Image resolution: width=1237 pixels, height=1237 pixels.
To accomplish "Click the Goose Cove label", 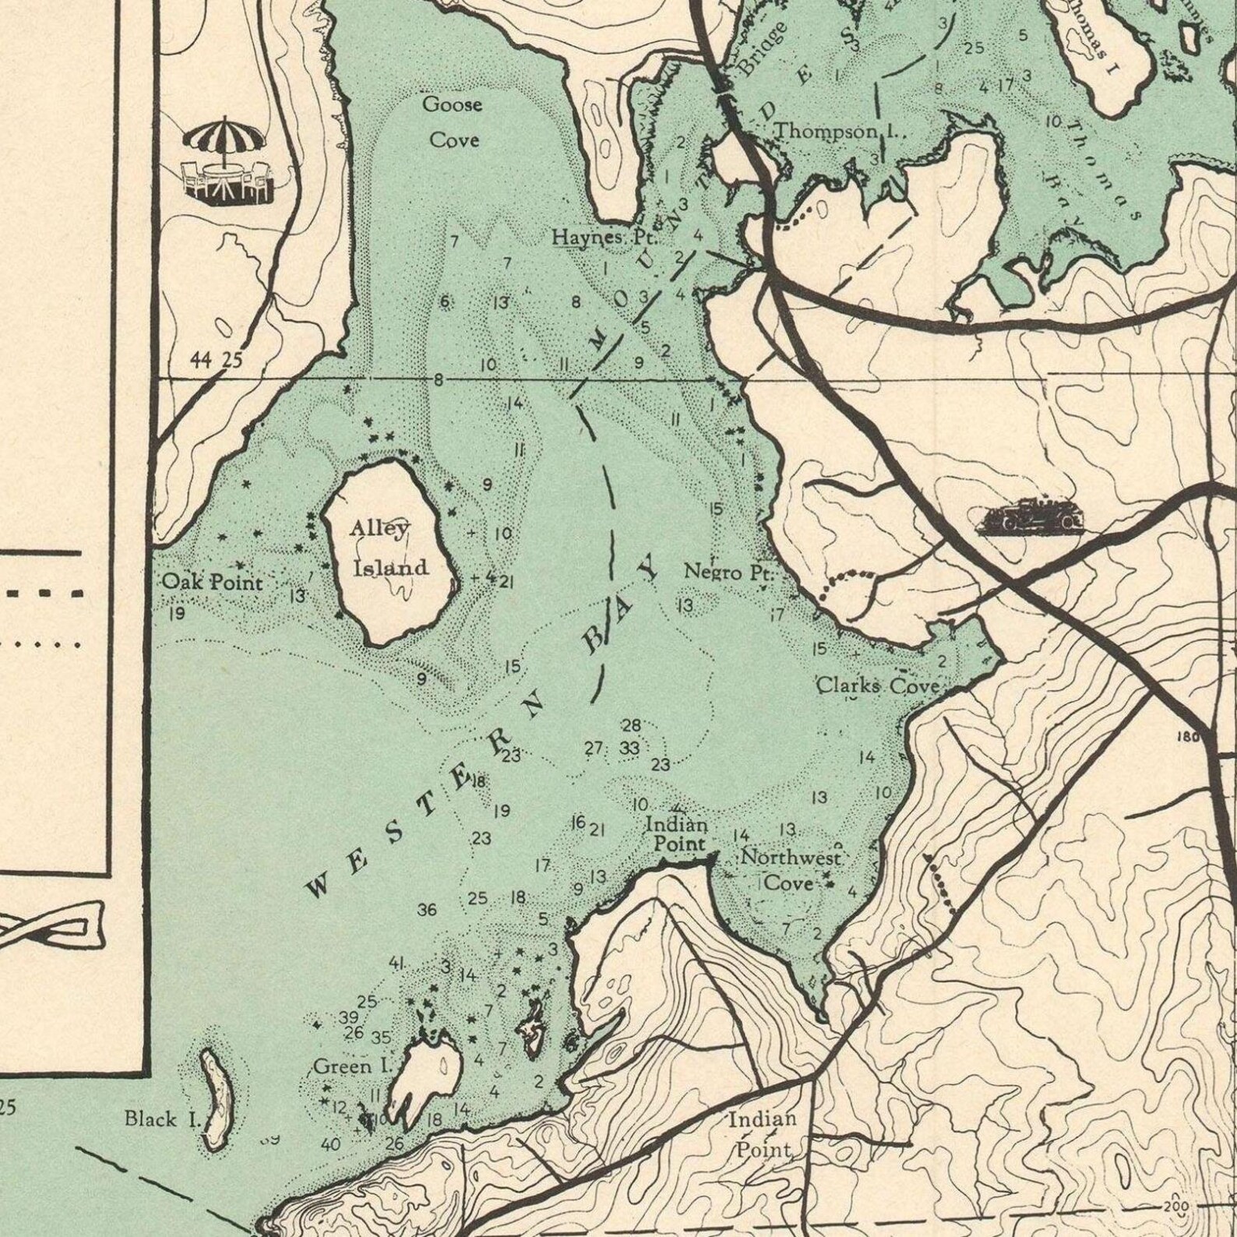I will pos(452,122).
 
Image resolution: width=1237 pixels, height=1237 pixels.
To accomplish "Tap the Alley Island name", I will pos(386,548).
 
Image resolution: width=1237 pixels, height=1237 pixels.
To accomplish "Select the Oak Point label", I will pos(212,583).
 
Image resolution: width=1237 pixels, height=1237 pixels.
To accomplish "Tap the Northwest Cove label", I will pos(790,870).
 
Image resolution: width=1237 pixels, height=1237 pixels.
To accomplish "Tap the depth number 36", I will pos(427,910).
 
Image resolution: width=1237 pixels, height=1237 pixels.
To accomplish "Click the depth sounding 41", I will pos(396,963).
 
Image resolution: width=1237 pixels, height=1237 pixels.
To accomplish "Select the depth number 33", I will pos(629,748).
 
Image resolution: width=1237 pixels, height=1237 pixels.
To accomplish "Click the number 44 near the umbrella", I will pos(201,359).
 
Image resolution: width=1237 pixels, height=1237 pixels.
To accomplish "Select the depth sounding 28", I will pos(631,726).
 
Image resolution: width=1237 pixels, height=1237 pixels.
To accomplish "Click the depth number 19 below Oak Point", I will pos(177,614).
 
